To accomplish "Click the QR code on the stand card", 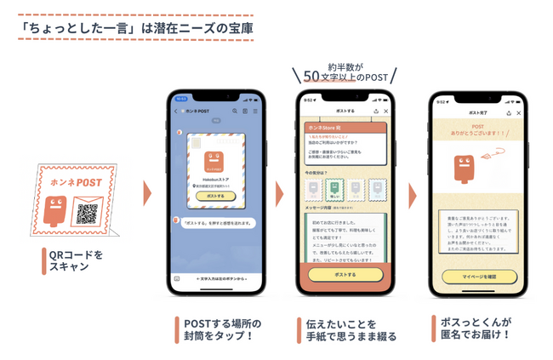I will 87,214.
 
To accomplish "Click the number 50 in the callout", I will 312,76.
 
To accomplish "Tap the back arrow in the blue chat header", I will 174,111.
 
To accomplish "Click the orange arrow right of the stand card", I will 146,192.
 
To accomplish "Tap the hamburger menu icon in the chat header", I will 254,111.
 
